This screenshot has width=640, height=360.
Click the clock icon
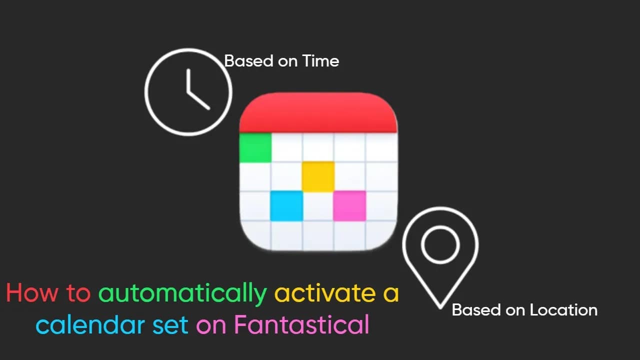point(188,91)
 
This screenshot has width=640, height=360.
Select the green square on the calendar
point(255,148)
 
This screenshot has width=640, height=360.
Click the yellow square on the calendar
point(318,176)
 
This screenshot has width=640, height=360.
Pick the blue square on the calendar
point(286,205)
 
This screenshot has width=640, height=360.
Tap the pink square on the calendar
point(349,205)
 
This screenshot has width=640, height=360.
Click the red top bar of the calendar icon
point(318,112)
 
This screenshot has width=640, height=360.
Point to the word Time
point(321,61)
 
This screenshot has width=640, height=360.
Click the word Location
point(563,310)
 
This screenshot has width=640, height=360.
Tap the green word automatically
point(182,294)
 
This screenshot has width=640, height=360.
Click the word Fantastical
point(301,325)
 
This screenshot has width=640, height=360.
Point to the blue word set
point(169,325)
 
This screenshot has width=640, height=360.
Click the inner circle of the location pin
point(440,244)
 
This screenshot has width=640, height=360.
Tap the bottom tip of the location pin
point(440,305)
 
